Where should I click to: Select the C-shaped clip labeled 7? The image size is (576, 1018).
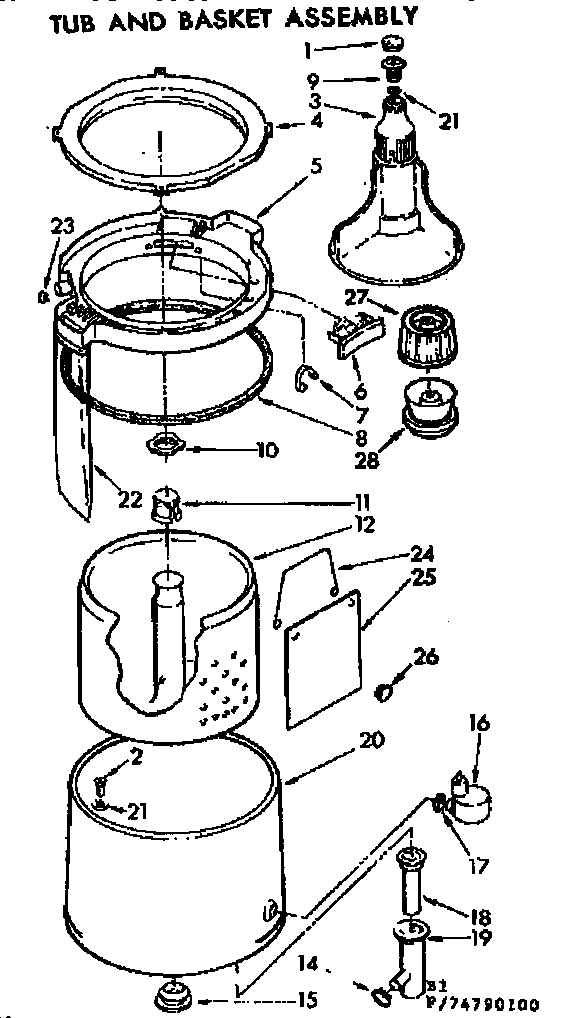[x=311, y=377]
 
